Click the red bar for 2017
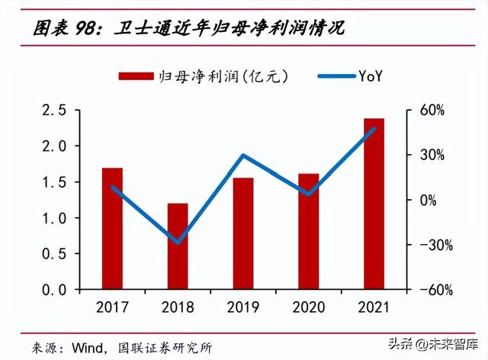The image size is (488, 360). (112, 229)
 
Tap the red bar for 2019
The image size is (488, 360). (243, 233)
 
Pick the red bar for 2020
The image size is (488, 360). (309, 232)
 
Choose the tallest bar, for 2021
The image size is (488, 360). (374, 204)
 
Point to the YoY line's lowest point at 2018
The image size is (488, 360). (178, 243)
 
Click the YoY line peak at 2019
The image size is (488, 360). (243, 156)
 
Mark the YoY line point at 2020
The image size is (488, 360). (309, 194)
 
